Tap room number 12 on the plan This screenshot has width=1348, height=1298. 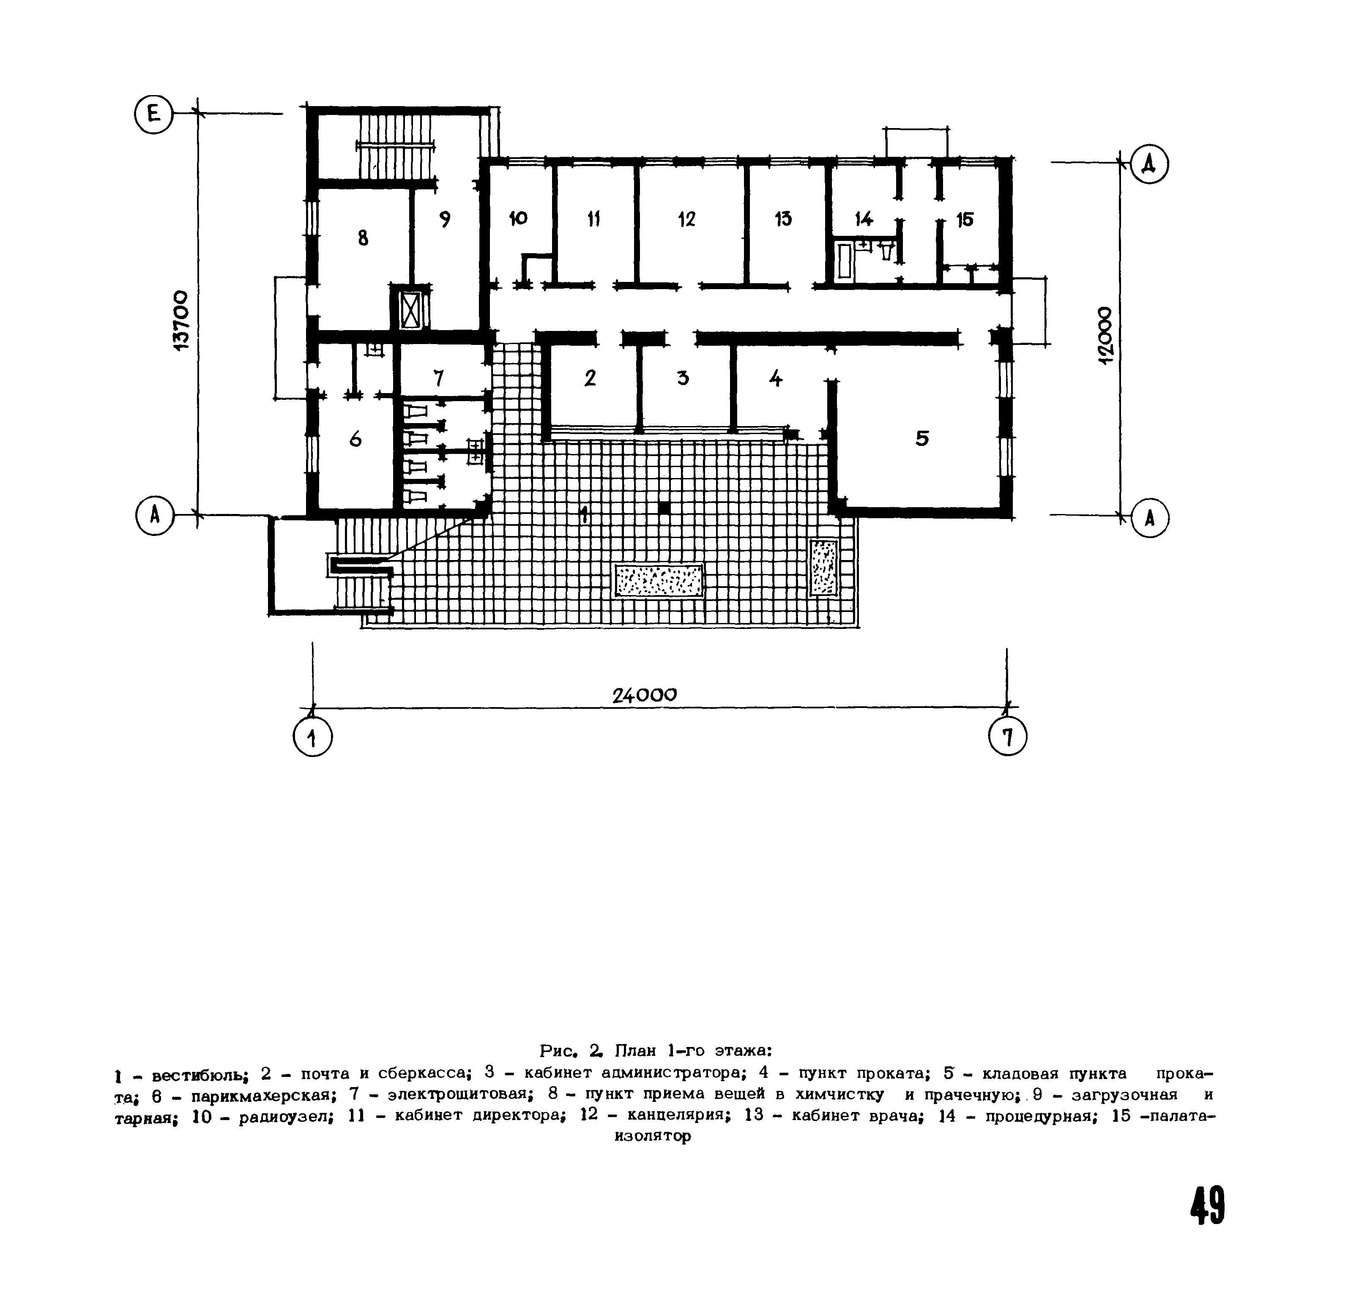(x=686, y=219)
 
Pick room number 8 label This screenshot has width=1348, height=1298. (x=363, y=238)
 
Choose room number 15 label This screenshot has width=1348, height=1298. (x=965, y=219)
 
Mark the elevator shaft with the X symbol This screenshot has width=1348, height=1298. (x=410, y=307)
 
